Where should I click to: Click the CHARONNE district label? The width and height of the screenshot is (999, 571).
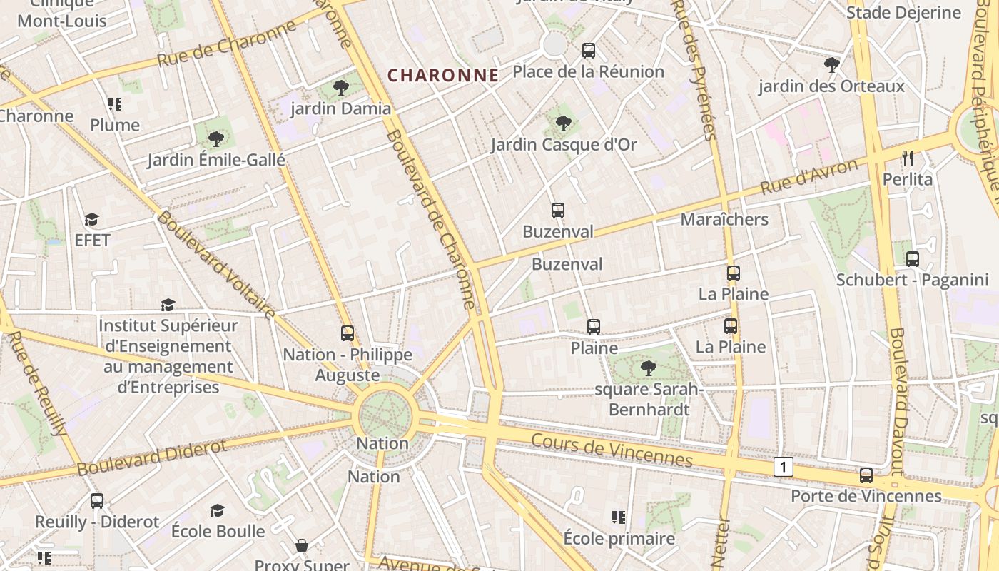pos(442,75)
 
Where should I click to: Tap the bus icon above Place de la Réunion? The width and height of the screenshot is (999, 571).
pos(588,51)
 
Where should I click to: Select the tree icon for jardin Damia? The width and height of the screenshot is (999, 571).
pos(341,88)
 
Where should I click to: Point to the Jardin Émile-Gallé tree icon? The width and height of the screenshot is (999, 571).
pos(215,138)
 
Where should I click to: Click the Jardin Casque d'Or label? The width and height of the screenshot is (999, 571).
pos(563,144)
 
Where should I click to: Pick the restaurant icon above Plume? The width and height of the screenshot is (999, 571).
pos(115,104)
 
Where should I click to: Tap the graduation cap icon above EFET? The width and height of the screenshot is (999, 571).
pos(91,219)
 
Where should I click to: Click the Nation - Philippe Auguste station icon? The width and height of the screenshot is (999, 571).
pos(348,333)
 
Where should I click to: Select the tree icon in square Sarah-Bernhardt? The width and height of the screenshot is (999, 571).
pos(648,368)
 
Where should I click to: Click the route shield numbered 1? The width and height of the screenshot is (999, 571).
pos(783,467)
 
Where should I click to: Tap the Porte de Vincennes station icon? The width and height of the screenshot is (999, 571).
pos(866,475)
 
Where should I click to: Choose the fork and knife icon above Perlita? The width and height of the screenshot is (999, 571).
pos(907,158)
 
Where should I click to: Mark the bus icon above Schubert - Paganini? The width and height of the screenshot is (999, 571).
pos(912,259)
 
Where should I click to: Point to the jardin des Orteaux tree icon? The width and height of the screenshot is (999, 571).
pos(831,66)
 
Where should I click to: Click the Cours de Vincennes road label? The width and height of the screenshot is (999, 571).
pos(612,449)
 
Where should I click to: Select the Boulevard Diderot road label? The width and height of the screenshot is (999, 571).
pos(151,457)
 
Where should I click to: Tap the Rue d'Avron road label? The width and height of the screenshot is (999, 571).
pos(808,177)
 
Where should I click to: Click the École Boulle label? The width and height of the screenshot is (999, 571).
pos(218,531)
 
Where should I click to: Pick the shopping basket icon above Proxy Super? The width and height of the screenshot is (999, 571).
pos(302,545)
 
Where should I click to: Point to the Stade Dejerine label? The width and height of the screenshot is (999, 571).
pos(903,12)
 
